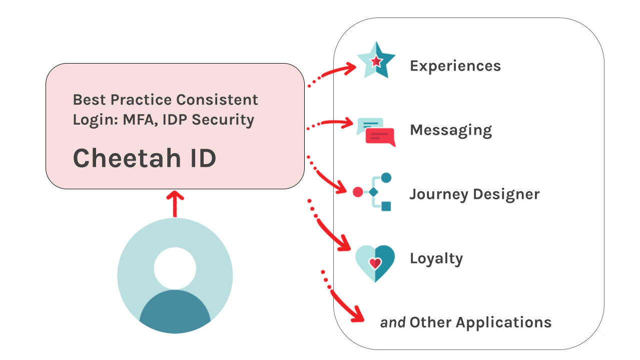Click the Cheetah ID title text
click(x=145, y=158)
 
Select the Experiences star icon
click(x=376, y=60)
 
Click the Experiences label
click(x=455, y=66)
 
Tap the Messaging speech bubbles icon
click(x=376, y=132)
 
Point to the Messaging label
click(x=450, y=130)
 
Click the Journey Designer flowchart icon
click(x=373, y=192)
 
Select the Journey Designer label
click(x=474, y=194)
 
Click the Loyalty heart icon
click(x=375, y=262)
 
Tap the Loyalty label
click(x=436, y=258)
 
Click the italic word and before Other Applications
click(x=392, y=322)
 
